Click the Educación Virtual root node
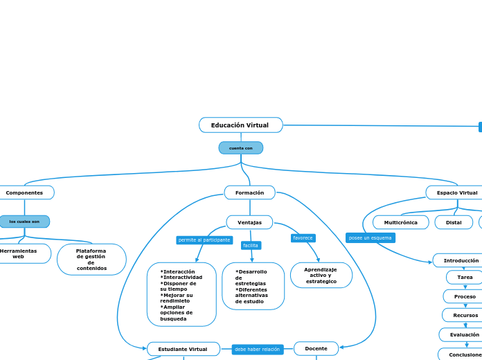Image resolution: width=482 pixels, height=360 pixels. tap(240, 125)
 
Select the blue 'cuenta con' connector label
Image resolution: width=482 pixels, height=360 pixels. tap(240, 148)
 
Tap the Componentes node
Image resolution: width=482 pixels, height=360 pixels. tap(25, 192)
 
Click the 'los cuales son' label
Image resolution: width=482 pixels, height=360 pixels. tap(24, 222)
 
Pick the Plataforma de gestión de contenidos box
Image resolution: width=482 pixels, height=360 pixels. tap(91, 260)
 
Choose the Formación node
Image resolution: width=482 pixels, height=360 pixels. tap(249, 192)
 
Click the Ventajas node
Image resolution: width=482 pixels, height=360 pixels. tap(249, 222)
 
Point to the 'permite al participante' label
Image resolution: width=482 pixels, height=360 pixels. tap(204, 240)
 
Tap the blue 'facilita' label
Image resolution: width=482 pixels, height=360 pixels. tap(251, 246)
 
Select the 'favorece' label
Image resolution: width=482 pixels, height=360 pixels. tap(303, 238)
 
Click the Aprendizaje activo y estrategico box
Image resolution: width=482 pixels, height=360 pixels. tap(321, 276)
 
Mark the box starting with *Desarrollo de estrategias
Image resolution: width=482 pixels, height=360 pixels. tap(253, 286)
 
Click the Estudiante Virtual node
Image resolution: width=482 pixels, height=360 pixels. tap(183, 349)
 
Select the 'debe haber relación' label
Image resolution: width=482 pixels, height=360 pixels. tap(257, 350)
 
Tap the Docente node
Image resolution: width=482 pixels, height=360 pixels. tap(316, 349)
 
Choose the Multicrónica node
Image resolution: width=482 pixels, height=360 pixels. tap(401, 222)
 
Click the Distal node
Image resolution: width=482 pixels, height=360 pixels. tap(454, 222)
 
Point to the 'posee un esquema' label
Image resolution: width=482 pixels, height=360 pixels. tap(370, 238)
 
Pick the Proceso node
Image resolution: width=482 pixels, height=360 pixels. tap(465, 296)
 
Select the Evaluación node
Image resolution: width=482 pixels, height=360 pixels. tap(464, 334)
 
